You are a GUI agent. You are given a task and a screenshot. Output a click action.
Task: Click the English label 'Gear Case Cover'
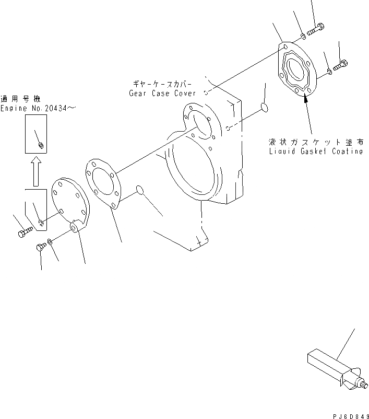point(162,93)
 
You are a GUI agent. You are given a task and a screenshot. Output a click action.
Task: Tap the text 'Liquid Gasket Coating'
point(315,152)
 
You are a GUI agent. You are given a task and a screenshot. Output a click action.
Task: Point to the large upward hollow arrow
point(35,171)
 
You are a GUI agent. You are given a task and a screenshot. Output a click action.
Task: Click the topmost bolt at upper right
point(316,30)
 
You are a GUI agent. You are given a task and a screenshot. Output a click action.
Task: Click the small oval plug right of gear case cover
point(263,108)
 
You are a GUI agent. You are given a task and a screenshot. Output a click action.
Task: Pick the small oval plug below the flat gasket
point(139,189)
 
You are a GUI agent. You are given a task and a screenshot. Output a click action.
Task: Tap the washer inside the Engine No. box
point(41,145)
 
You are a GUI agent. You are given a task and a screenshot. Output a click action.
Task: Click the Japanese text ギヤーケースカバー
point(162,84)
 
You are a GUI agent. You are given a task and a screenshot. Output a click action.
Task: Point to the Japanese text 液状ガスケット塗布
point(315,142)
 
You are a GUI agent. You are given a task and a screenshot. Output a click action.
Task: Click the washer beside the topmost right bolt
point(303,36)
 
